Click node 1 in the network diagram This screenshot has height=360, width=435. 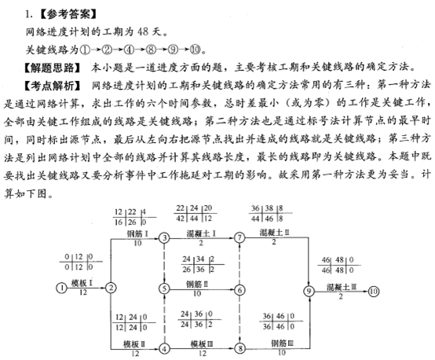61,288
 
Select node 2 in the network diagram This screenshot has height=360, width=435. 111,288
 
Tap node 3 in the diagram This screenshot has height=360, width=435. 164,238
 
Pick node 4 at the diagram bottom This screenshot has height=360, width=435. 164,348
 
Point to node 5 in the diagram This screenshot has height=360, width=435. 164,289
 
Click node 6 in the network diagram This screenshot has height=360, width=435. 239,290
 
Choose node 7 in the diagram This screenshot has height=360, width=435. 239,238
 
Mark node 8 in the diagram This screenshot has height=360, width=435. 240,348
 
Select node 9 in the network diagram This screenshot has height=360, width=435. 309,292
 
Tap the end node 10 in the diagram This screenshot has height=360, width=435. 374,292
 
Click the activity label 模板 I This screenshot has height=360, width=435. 82,283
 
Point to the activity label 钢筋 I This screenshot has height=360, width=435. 137,233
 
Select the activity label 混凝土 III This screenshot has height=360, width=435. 342,287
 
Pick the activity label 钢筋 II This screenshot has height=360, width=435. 197,285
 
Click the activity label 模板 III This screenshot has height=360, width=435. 202,344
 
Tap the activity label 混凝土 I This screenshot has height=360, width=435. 201,233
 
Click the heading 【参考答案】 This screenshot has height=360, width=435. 68,14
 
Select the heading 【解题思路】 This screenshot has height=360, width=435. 52,68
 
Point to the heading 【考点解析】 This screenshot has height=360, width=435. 52,86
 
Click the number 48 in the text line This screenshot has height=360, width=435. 143,31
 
